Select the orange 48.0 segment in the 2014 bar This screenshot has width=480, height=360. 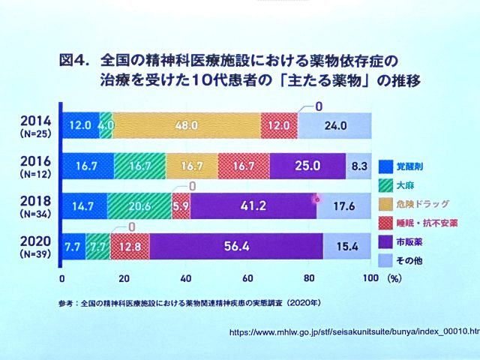(187, 124)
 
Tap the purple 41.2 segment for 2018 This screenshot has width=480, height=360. (253, 205)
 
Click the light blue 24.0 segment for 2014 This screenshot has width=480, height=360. (334, 124)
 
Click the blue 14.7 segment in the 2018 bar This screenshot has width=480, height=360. (85, 205)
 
